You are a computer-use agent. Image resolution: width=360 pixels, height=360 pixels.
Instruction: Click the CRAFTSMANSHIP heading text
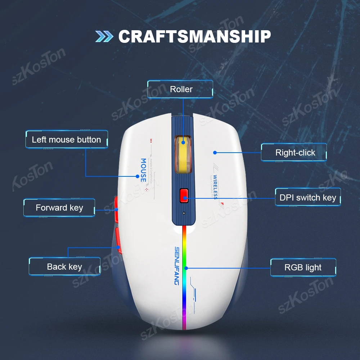pos(194,36)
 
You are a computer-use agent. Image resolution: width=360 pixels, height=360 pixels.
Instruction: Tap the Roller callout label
pos(181,89)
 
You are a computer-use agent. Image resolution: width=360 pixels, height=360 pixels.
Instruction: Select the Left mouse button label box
pos(66,140)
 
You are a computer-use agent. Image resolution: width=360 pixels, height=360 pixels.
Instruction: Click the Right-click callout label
pos(295,153)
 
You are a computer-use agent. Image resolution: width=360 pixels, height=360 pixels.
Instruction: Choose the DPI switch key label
pos(308,197)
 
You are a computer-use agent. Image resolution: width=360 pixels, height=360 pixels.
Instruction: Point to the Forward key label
pos(59,208)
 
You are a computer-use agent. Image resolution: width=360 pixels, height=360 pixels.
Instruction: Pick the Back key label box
pos(64,267)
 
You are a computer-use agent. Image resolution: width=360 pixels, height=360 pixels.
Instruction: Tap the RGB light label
pos(303,267)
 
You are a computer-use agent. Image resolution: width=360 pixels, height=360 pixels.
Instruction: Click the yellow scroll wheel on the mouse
pos(183,155)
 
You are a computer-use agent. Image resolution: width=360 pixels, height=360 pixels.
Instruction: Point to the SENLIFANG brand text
pos(177,266)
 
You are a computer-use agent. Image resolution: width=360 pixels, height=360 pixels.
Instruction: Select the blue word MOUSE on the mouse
pos(143,170)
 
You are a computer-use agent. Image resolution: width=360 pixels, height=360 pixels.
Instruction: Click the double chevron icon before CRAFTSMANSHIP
pos(104,36)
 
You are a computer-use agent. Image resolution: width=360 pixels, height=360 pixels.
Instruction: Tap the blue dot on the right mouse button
pos(215,153)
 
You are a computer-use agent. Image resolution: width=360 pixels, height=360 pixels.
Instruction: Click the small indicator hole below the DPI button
pos(184,213)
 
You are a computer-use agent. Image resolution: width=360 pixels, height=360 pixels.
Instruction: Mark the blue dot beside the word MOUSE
pos(137,176)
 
